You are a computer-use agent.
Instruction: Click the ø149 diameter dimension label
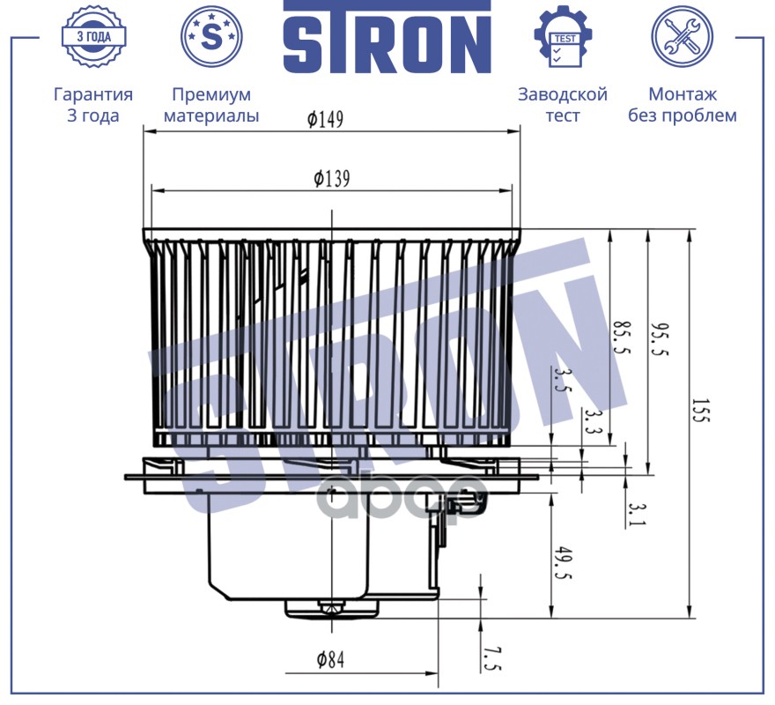325,119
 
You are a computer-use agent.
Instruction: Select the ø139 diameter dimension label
332,179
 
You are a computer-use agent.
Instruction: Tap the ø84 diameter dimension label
330,659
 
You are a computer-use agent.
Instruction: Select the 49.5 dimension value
563,562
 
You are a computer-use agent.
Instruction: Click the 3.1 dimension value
637,515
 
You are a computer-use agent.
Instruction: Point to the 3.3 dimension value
592,421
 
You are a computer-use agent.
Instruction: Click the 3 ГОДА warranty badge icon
93,37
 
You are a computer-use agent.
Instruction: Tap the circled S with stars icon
211,37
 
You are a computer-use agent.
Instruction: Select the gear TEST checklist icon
563,36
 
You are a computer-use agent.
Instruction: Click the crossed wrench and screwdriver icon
682,37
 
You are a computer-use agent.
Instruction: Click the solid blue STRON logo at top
387,37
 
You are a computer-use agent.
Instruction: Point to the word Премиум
211,94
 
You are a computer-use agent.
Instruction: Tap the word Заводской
563,94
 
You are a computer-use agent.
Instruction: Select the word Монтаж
682,94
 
